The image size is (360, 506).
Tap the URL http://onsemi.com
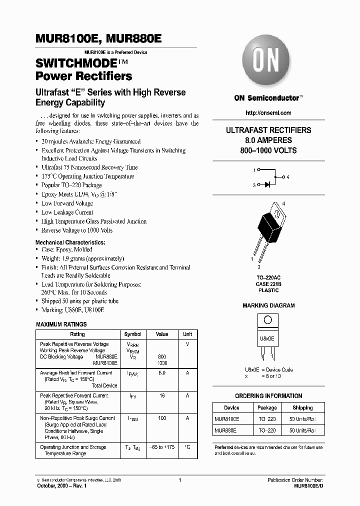tap(268, 113)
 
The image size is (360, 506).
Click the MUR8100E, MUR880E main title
tap(98, 39)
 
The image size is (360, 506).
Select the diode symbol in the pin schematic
tap(267, 184)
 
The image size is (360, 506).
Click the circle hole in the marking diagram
tap(268, 320)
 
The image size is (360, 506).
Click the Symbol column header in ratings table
tap(132, 334)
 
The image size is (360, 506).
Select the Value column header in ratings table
tap(162, 334)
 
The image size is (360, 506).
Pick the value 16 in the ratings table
tap(162, 395)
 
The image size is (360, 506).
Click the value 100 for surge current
tap(162, 418)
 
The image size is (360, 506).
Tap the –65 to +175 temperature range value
tap(162, 447)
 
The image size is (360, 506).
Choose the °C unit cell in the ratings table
tap(187, 447)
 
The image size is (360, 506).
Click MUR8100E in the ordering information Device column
tap(227, 419)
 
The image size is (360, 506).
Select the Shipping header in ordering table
tap(302, 407)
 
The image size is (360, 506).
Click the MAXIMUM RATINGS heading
tap(61, 324)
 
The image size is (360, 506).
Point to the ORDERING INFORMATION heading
tap(268, 396)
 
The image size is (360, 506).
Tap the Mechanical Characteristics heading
tap(70, 242)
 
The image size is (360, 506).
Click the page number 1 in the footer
tap(179, 480)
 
